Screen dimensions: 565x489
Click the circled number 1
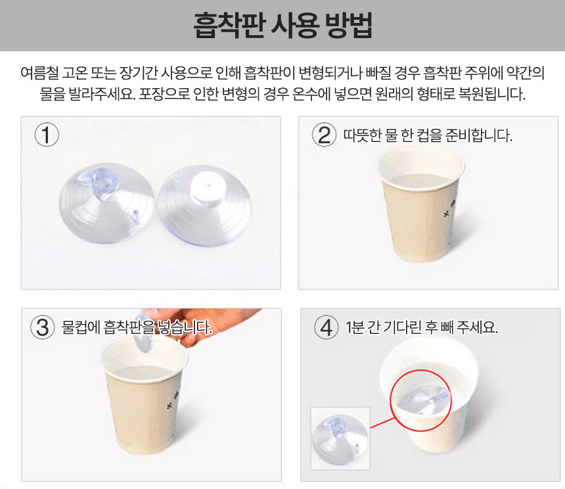pyautogui.click(x=47, y=135)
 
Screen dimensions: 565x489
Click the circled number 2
pyautogui.click(x=324, y=135)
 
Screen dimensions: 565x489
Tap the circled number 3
pyautogui.click(x=43, y=327)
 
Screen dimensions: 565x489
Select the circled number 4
pyautogui.click(x=326, y=327)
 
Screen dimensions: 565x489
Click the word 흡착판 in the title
pyautogui.click(x=229, y=25)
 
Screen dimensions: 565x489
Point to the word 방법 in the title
pyautogui.click(x=348, y=25)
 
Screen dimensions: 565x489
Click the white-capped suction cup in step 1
pyautogui.click(x=205, y=206)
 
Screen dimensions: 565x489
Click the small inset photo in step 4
pyautogui.click(x=340, y=438)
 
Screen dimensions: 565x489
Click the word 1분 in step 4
pyautogui.click(x=354, y=327)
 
